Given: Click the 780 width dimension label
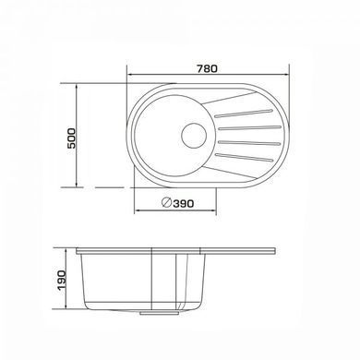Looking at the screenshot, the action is coord(207,68).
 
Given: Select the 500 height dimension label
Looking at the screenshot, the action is coord(71,138).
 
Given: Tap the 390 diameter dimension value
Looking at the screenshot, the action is coord(184,203).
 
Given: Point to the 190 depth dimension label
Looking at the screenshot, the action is coord(61,280).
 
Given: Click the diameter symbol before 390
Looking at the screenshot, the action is coord(166,202).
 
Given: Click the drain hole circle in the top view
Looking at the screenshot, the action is coord(194,136).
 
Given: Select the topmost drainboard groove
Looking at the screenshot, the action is coord(244,113).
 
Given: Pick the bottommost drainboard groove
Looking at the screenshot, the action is coord(244,157).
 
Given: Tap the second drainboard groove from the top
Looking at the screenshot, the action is coord(249,127).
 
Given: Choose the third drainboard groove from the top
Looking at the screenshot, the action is coord(249,142).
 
